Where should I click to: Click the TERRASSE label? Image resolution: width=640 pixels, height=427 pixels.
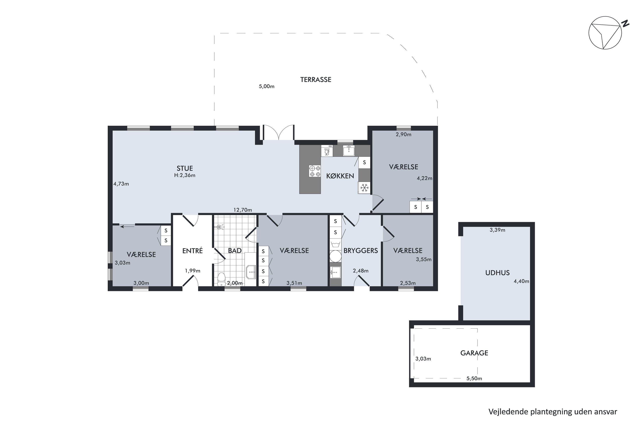tap(316, 80)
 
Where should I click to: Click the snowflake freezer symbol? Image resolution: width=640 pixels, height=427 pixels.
tap(364, 188)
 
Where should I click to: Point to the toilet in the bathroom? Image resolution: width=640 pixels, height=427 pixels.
tap(221, 279)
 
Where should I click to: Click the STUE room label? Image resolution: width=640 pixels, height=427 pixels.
tap(185, 168)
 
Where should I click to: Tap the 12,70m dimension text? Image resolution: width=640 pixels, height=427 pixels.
tap(243, 210)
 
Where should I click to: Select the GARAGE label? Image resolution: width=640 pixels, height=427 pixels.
tap(474, 353)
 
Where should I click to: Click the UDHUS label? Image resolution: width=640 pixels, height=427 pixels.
tap(497, 273)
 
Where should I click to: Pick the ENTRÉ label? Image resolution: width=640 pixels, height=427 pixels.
tap(192, 250)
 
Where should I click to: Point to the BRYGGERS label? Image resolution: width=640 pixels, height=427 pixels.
tap(361, 250)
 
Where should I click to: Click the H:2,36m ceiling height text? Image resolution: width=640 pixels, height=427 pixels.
tap(185, 175)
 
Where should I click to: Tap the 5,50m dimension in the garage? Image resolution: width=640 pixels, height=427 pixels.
tap(474, 378)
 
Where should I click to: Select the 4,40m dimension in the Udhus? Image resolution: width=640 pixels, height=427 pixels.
tap(521, 281)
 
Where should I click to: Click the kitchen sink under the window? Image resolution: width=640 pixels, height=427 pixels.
tap(349, 151)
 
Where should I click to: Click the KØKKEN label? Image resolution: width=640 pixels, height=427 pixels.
tap(340, 176)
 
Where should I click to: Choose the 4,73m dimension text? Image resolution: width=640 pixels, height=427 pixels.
tap(121, 184)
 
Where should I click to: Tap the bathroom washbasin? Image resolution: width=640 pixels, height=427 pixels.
tap(251, 272)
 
